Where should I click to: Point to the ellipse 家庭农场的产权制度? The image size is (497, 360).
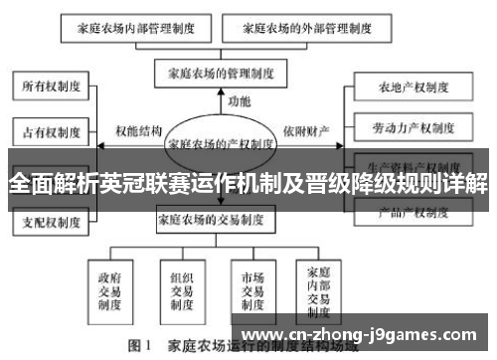(220, 143)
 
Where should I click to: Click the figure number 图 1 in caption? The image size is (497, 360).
(139, 349)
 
